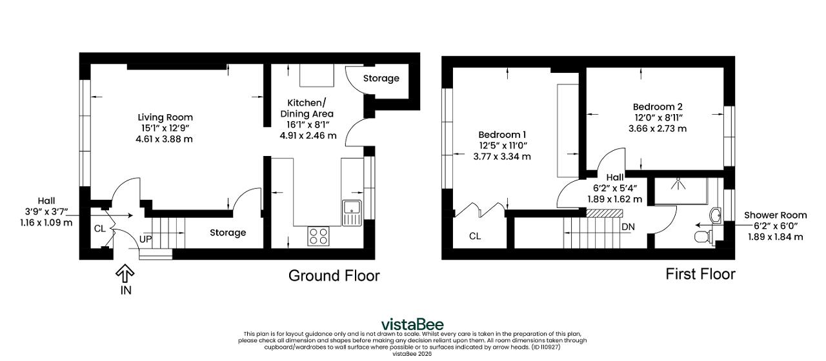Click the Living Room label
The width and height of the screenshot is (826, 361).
165,117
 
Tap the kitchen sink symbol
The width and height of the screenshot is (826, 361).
352,213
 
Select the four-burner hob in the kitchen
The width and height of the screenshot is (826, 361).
319,236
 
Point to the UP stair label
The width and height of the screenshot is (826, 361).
146,239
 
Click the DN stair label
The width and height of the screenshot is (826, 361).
629,227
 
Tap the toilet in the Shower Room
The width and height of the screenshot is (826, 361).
704,237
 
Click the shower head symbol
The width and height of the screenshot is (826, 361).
678,184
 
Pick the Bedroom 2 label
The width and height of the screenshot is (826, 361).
658,107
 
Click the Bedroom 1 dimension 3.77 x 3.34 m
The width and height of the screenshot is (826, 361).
502,157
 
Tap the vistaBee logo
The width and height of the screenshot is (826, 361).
412,324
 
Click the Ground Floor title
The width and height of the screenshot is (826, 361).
334,275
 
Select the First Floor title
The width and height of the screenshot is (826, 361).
700,274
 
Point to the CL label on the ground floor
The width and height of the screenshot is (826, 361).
99,229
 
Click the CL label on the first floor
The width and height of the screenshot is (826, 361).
475,236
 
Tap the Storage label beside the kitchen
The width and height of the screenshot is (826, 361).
381,79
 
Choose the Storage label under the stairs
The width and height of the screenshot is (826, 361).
228,233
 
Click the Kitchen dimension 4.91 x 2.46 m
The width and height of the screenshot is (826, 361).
308,135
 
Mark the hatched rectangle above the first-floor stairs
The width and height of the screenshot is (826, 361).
605,213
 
